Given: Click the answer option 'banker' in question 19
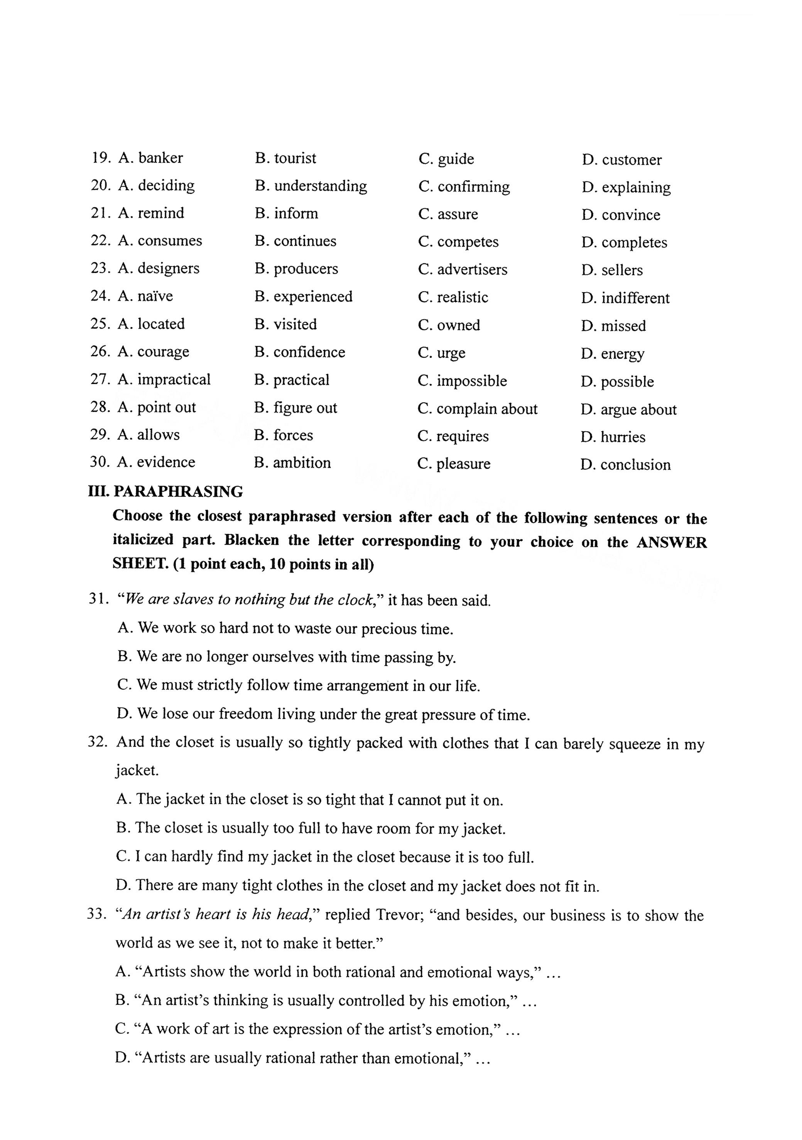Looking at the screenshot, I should click(x=160, y=158).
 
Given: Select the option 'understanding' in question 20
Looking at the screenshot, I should click(x=320, y=186).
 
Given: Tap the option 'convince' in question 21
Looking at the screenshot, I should click(x=630, y=215).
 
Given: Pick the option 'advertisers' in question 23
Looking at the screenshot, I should click(x=472, y=269).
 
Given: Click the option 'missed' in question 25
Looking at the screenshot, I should click(x=623, y=326).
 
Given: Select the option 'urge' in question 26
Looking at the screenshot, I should click(x=451, y=353).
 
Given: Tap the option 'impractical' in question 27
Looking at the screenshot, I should click(x=174, y=380).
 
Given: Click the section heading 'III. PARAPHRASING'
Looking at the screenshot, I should click(x=165, y=491).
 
